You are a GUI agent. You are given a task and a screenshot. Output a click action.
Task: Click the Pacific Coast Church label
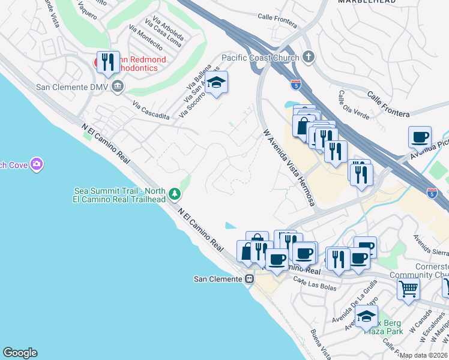pyautogui.click(x=261, y=58)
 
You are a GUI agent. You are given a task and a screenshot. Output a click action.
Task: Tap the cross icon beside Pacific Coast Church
pyautogui.click(x=309, y=57)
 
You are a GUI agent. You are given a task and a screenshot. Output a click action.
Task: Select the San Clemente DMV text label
pyautogui.click(x=73, y=86)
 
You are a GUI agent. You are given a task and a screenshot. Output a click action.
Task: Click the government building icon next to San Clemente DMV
pyautogui.click(x=117, y=86)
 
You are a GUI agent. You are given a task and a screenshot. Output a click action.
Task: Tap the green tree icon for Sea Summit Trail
pyautogui.click(x=174, y=193)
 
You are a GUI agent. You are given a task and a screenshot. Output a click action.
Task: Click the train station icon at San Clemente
pyautogui.click(x=249, y=279)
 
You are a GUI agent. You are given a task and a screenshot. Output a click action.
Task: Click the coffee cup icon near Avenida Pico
pyautogui.click(x=420, y=136)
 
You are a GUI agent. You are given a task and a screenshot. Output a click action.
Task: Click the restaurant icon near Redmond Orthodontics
pyautogui.click(x=108, y=62)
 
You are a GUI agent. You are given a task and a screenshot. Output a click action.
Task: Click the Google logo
pyautogui.click(x=20, y=353)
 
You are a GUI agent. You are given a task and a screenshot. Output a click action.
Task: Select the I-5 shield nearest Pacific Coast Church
pyautogui.click(x=295, y=85)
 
